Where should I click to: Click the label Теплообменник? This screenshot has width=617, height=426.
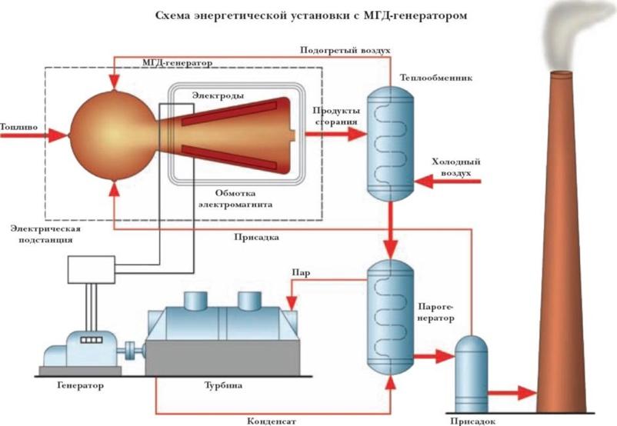point(429,78)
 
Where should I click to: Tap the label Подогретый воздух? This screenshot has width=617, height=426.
point(345,49)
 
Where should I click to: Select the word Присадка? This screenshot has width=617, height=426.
point(255,238)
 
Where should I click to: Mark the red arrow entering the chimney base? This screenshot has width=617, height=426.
point(516,393)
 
